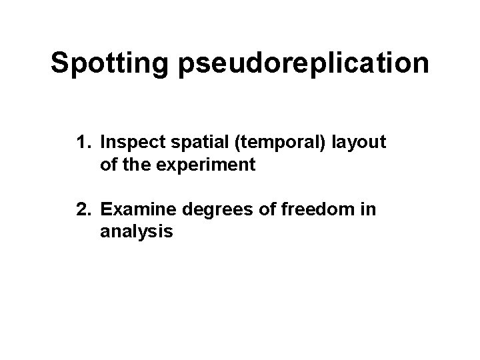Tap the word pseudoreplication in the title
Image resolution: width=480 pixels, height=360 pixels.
click(303, 63)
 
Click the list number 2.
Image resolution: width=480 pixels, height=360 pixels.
click(83, 210)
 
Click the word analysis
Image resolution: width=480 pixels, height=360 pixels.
click(137, 232)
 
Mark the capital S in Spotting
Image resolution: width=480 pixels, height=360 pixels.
click(60, 63)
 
